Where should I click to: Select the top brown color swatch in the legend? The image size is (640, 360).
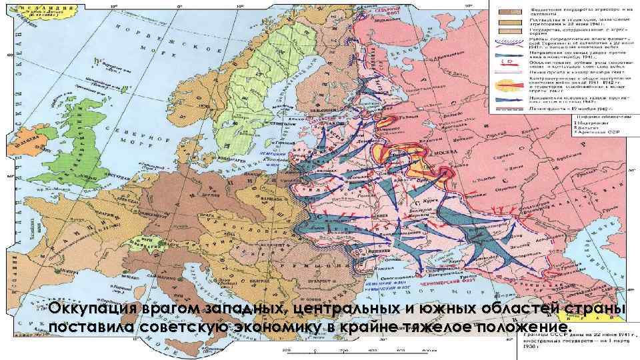(x=509, y=12)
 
